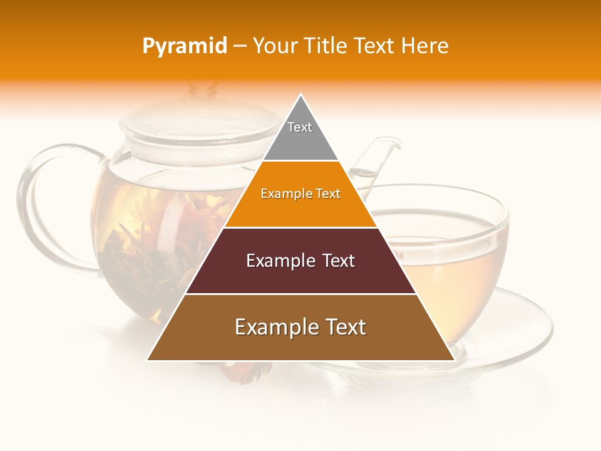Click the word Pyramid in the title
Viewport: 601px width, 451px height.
pyautogui.click(x=184, y=46)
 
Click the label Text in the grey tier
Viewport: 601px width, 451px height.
pyautogui.click(x=300, y=127)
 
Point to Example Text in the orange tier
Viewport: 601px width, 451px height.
pyautogui.click(x=300, y=194)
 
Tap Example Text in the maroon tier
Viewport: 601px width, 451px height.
pyautogui.click(x=300, y=261)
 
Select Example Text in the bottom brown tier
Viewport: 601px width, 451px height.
pyautogui.click(x=300, y=327)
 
